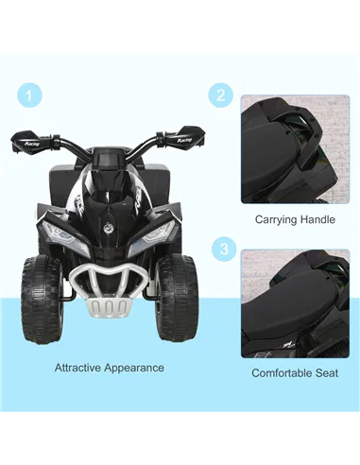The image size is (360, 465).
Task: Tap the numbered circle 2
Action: [x=221, y=95]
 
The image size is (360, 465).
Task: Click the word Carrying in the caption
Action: [x=274, y=219]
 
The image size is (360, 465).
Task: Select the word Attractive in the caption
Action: [x=82, y=368]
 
